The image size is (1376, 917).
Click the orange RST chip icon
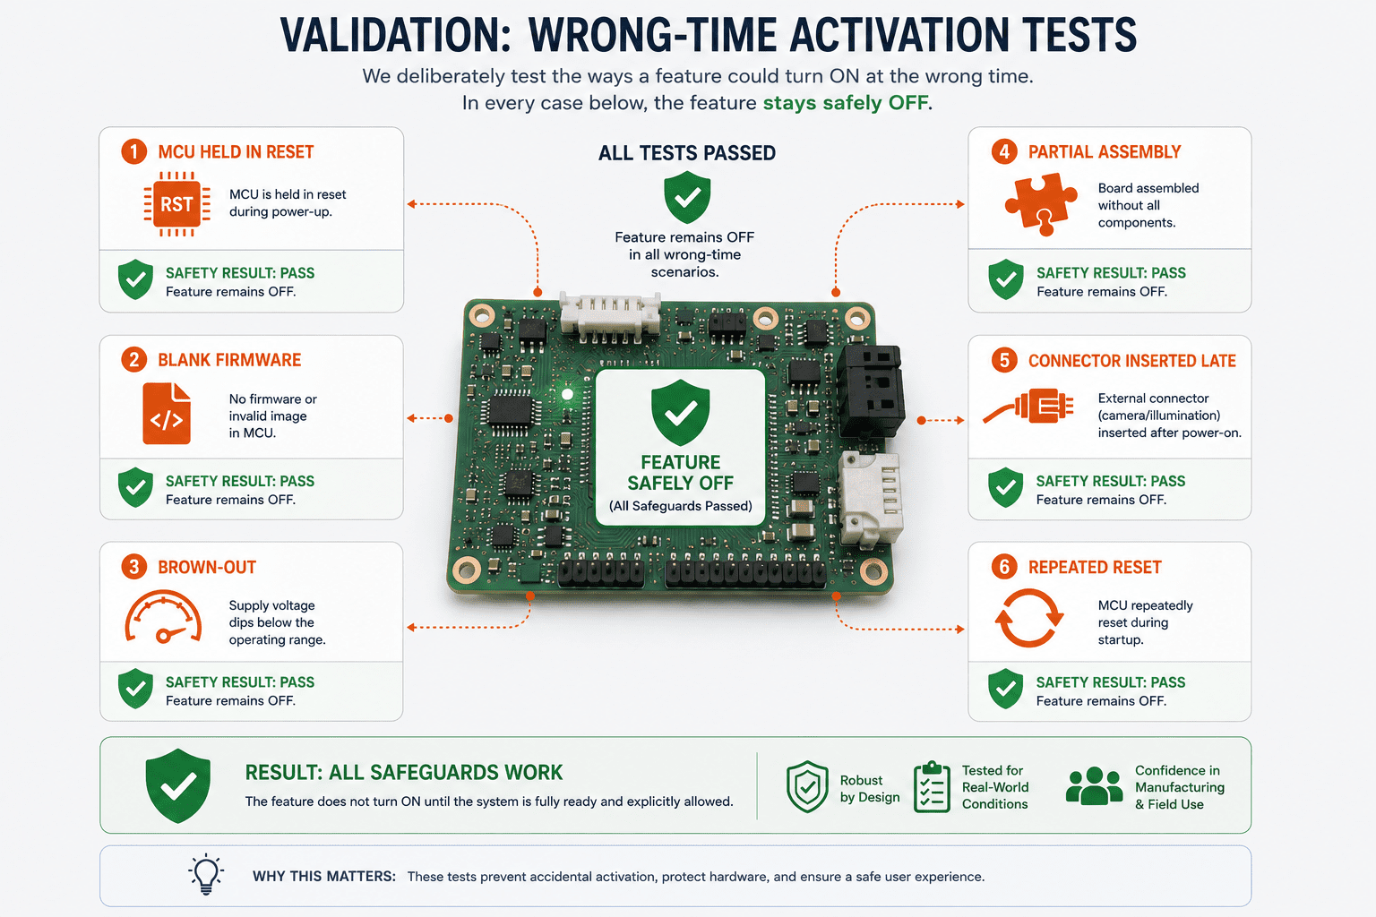176,204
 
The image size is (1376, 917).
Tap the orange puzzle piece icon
1041,204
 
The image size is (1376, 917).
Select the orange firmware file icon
167,414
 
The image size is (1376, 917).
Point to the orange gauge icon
163,617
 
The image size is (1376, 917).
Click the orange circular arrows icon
1029,618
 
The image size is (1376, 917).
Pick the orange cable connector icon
1028,406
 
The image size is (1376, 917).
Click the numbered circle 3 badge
133,566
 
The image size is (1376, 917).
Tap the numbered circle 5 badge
1004,360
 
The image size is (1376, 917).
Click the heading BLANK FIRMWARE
229,360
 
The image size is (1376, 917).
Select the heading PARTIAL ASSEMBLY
1105,151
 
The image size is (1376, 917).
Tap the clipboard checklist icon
932,787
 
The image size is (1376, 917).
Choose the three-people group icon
1094,786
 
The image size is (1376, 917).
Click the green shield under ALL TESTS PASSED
687,197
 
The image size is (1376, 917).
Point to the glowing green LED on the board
568,394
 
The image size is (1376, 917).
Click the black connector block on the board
871,390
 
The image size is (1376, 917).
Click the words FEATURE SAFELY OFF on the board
680,472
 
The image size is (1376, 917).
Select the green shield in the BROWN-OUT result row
136,690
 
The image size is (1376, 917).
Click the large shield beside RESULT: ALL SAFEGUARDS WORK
178,785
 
